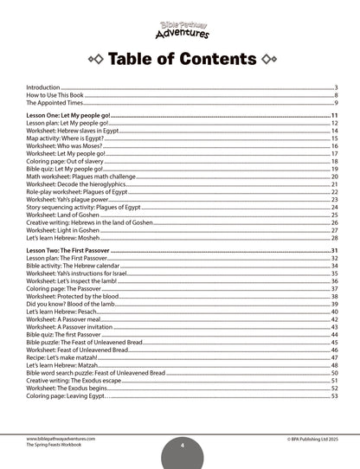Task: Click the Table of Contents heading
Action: click(180, 60)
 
